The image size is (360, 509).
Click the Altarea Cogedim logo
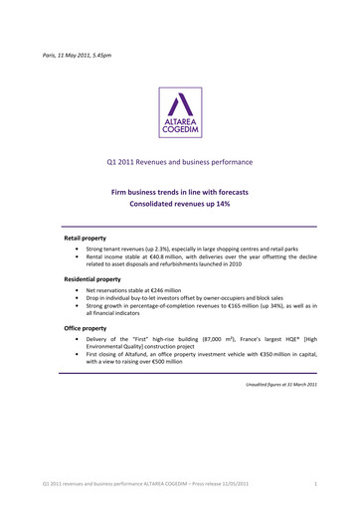pyautogui.click(x=179, y=111)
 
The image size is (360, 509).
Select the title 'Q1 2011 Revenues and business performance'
pyautogui.click(x=179, y=160)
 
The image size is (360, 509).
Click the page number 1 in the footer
pyautogui.click(x=314, y=483)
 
